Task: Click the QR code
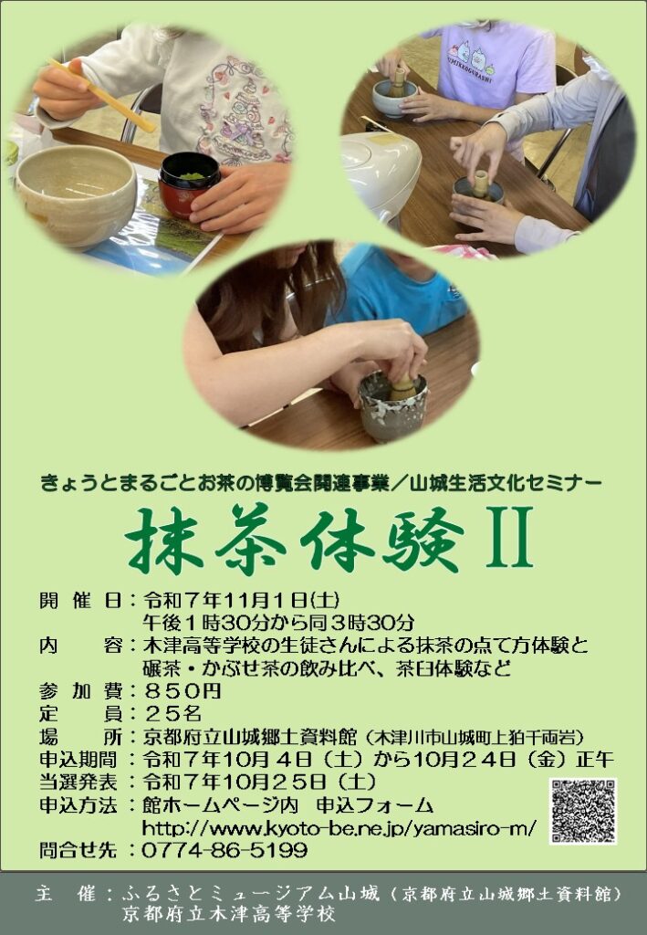[583, 811]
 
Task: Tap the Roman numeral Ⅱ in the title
[509, 537]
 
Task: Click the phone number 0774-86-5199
[224, 850]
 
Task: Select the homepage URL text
[339, 827]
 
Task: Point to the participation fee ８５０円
[183, 690]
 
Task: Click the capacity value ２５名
[172, 713]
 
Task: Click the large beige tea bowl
[77, 194]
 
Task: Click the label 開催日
[81, 599]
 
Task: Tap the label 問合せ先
[78, 850]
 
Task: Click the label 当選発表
[78, 782]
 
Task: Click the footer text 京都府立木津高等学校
[229, 914]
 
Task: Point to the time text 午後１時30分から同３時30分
[278, 623]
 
